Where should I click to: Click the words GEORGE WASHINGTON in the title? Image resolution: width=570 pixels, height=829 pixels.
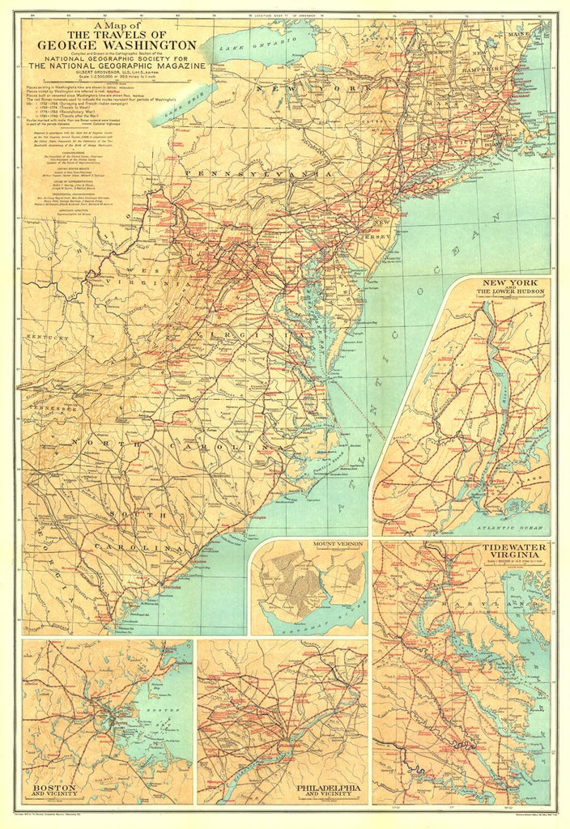117,45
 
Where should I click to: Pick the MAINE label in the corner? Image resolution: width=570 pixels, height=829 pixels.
538,34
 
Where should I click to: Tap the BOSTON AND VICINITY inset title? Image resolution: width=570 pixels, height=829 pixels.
55,790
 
